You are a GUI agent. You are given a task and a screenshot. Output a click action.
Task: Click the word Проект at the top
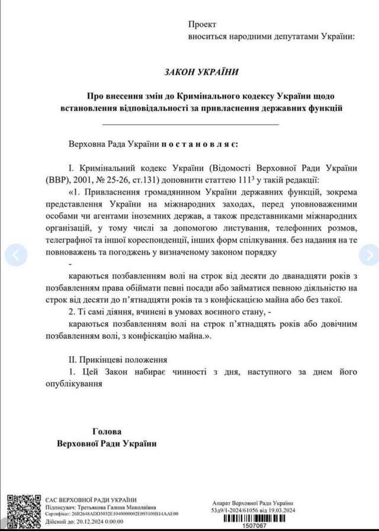click(203, 24)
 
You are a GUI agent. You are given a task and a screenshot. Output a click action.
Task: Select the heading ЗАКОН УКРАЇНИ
click(202, 71)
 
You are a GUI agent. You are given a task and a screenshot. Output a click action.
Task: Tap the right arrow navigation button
click(369, 255)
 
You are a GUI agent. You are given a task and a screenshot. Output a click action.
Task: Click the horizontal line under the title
click(191, 124)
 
